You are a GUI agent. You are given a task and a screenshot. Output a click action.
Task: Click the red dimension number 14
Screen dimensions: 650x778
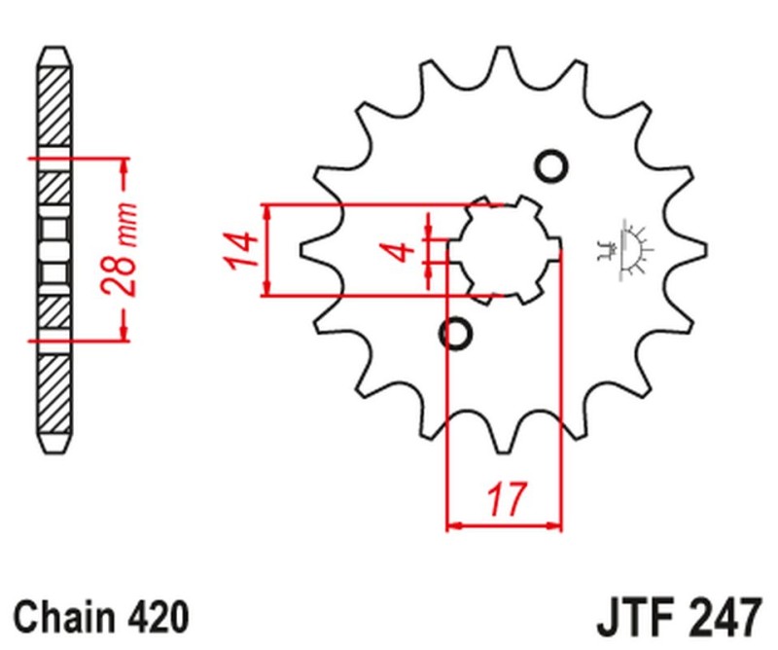pyautogui.click(x=244, y=250)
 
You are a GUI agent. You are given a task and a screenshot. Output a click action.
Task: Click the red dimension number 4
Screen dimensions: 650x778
pyautogui.click(x=400, y=252)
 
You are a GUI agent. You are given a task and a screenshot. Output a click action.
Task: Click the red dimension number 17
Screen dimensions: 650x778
pyautogui.click(x=505, y=500)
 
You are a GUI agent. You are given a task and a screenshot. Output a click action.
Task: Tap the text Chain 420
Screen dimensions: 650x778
pyautogui.click(x=100, y=616)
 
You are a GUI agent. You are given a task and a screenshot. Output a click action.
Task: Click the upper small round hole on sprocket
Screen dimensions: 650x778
pyautogui.click(x=551, y=166)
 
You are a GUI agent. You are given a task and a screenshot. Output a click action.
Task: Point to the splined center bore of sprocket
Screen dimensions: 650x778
pyautogui.click(x=505, y=250)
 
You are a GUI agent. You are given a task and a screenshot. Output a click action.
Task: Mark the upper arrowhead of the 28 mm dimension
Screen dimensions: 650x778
pyautogui.click(x=124, y=165)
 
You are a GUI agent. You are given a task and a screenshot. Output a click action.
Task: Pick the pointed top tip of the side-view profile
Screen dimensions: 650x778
pyautogui.click(x=55, y=47)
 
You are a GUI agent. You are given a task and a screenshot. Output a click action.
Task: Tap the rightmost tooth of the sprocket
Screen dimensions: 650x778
pyautogui.click(x=693, y=250)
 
